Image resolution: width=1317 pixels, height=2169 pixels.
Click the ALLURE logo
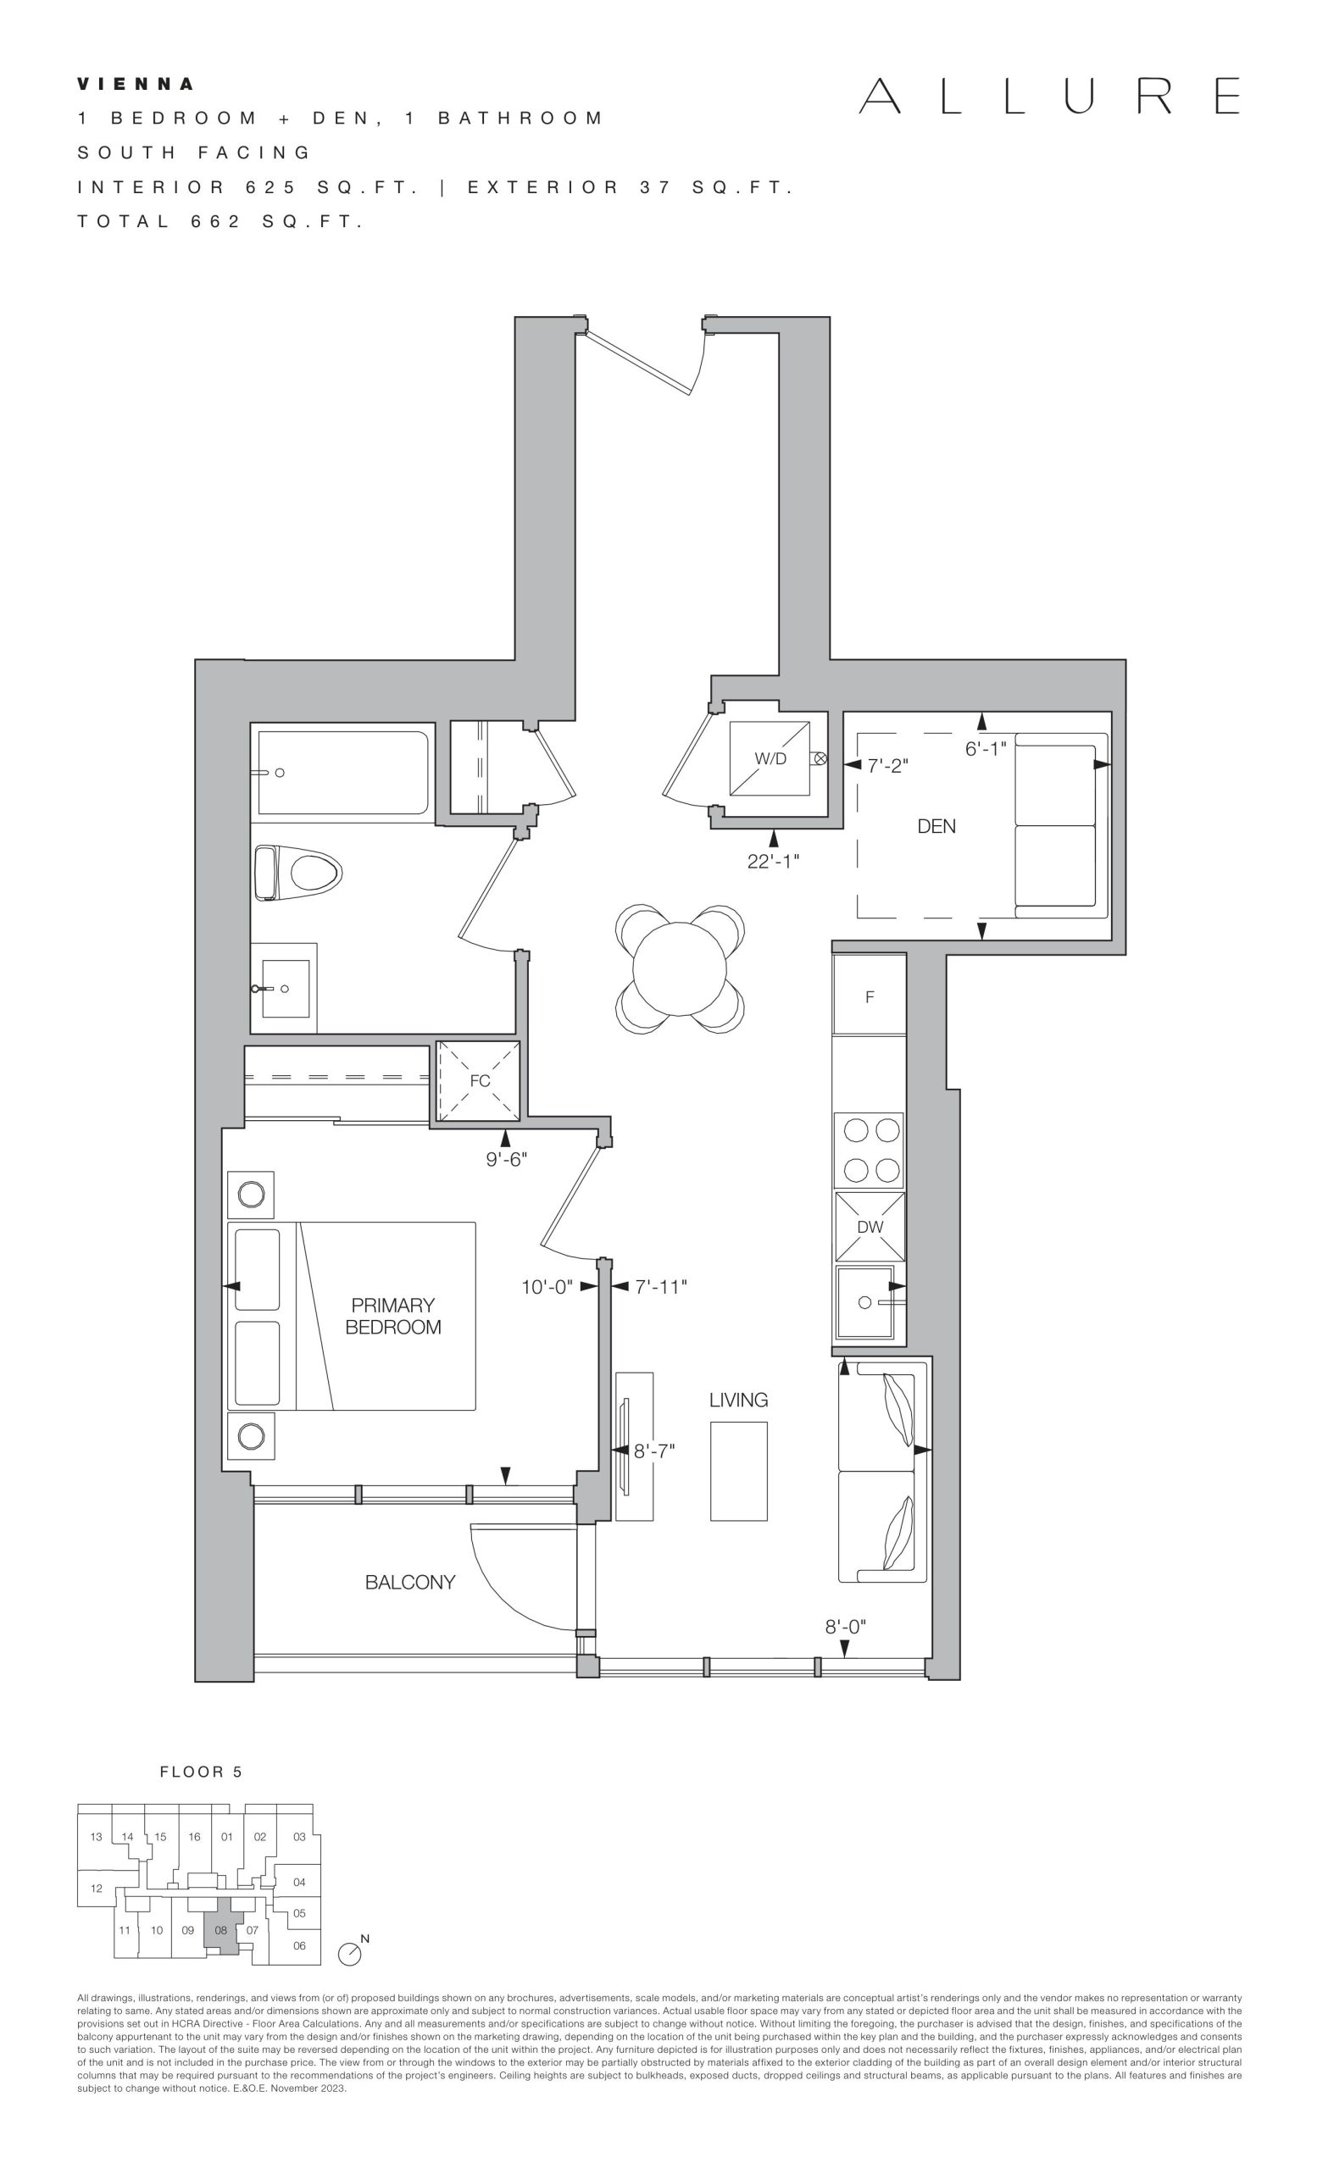pos(1049,96)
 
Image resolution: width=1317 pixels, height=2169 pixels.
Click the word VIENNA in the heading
pos(136,85)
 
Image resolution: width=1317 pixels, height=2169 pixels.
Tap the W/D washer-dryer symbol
pos(770,758)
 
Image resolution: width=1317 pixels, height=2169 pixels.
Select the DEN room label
pos(936,826)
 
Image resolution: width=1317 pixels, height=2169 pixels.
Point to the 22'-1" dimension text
pos(773,861)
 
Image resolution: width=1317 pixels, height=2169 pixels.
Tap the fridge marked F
pos(870,995)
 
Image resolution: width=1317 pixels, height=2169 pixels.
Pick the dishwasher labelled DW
pos(870,1226)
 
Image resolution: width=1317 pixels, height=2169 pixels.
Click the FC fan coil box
pos(479,1080)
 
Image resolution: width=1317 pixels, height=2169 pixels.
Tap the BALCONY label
pos(410,1582)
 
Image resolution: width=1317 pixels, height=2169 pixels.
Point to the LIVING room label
pos(739,1399)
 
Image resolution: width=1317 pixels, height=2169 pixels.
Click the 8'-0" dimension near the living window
pos(845,1626)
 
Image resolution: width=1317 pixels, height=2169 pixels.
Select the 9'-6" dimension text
pos(506,1159)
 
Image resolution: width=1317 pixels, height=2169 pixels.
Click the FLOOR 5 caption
pos(201,1772)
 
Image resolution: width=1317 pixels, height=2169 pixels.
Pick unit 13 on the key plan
pos(96,1836)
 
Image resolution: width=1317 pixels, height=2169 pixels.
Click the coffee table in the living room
pos(739,1471)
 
